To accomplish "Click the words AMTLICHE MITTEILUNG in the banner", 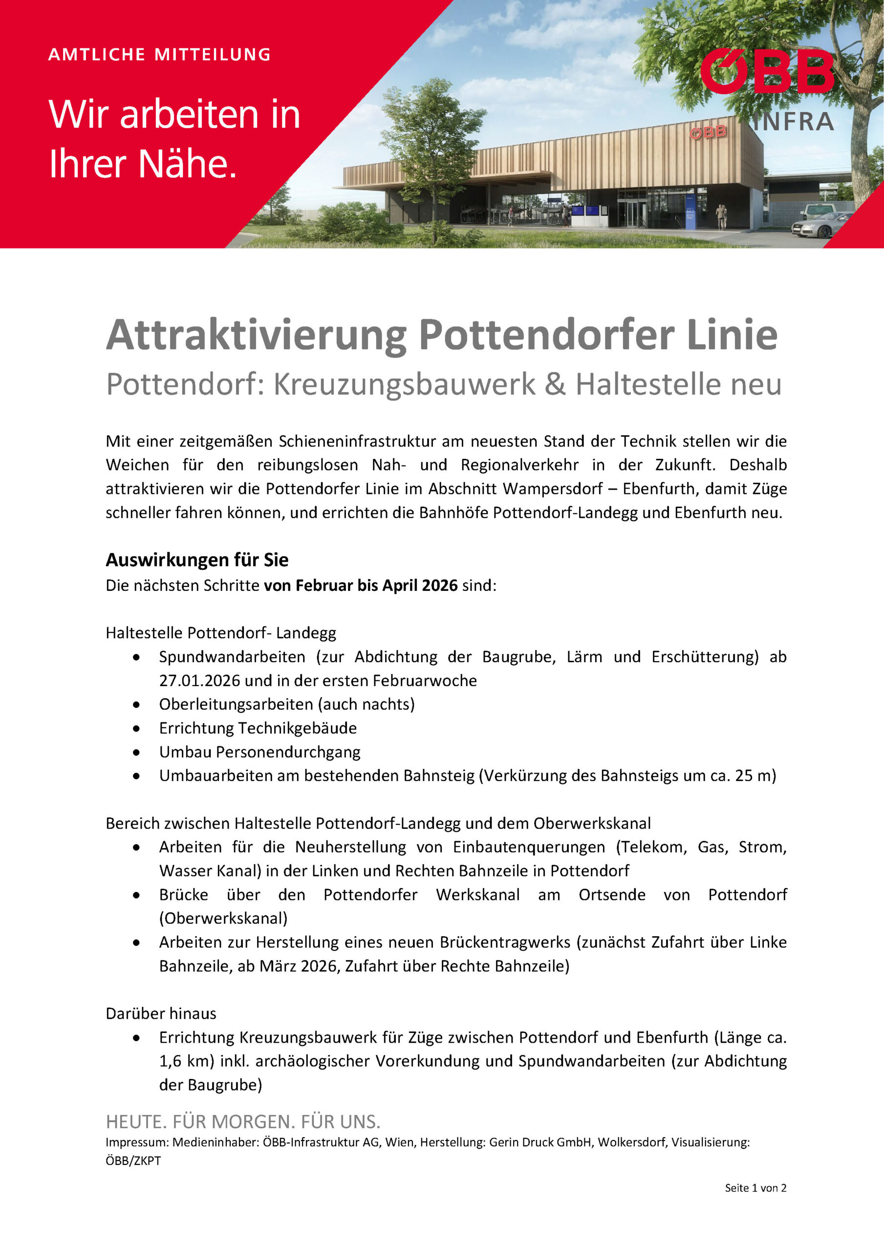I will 159,54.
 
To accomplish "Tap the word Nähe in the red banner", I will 188,163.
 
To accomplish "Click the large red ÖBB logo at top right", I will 767,72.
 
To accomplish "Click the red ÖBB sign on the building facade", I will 708,132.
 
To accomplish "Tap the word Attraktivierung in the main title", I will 256,335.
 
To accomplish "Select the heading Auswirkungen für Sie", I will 197,560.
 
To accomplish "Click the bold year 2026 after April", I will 439,585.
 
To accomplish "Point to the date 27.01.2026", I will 199,680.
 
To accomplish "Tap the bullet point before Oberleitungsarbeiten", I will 136,705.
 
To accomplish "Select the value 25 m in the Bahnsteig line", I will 755,776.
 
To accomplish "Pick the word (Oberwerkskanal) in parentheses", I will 223,918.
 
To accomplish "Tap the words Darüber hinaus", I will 161,1013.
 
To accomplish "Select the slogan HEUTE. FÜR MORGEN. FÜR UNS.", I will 243,1122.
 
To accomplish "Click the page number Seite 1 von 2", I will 755,1187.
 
